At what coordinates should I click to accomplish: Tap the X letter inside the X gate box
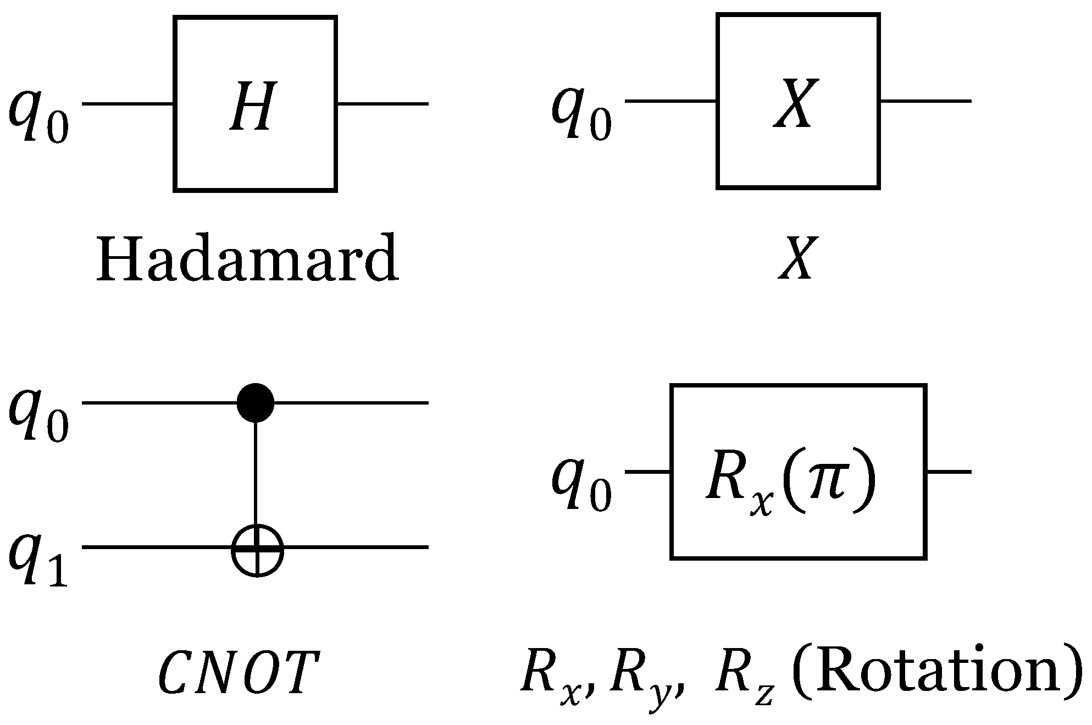click(793, 104)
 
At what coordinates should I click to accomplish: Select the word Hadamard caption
click(247, 258)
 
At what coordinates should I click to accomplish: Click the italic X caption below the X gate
click(795, 259)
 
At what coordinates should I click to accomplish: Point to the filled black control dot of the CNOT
click(256, 403)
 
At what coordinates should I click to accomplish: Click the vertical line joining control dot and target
click(256, 473)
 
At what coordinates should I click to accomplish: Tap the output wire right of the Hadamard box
click(382, 103)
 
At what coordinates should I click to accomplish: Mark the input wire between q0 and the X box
click(670, 102)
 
